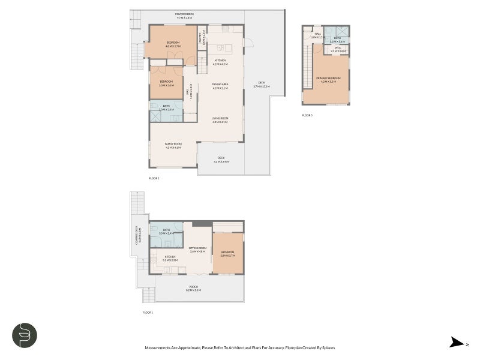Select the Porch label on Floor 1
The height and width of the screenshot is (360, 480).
point(193,287)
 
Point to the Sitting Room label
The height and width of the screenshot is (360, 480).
point(197,249)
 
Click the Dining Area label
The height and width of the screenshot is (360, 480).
point(220,86)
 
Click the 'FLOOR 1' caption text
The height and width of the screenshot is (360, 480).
point(148,313)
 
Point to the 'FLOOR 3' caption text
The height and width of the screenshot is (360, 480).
point(307,115)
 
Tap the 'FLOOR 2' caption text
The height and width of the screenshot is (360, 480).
point(154,178)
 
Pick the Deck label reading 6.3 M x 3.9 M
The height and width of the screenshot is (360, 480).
point(221,159)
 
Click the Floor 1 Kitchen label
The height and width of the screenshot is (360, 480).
point(170,258)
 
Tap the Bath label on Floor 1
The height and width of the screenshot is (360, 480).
point(166,231)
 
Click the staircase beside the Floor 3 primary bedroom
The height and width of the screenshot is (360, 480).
point(308,66)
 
